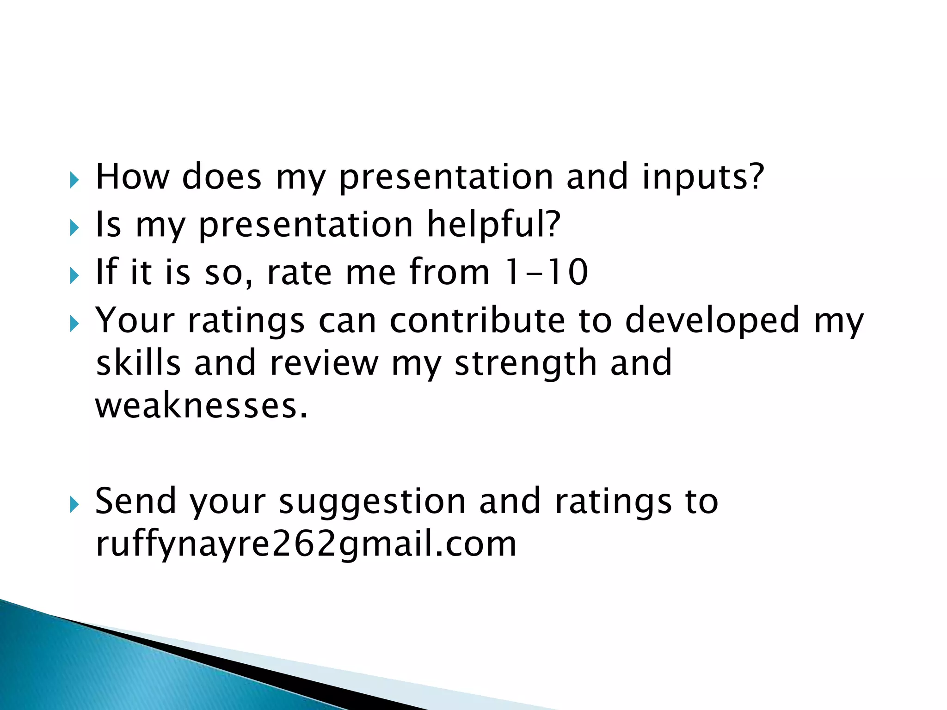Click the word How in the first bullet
click(x=132, y=177)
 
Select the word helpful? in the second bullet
click(x=493, y=225)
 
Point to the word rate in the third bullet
click(x=299, y=273)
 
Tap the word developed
click(x=713, y=321)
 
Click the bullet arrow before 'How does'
click(x=74, y=180)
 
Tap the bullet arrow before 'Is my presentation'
click(x=74, y=227)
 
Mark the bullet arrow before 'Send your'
click(x=74, y=504)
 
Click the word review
click(x=324, y=363)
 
